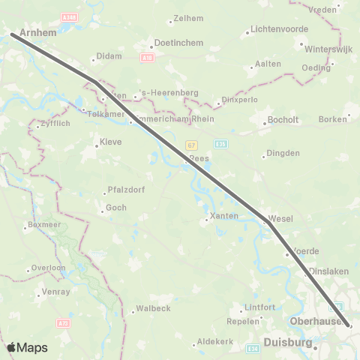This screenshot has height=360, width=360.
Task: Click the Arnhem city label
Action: [x=39, y=34]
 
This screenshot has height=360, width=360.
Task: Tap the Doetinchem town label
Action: [x=178, y=43]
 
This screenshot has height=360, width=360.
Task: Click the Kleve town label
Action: [x=110, y=142]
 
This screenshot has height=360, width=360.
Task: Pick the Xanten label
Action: [x=223, y=216]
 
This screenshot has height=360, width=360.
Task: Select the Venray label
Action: [x=57, y=292]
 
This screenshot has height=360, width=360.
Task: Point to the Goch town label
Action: [x=115, y=208]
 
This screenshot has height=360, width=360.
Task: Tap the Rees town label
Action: [x=199, y=159]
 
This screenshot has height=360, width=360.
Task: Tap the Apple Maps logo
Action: [x=26, y=347]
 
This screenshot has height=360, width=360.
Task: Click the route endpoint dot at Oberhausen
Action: [x=349, y=325]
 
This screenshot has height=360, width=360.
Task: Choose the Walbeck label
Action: [x=154, y=308]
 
